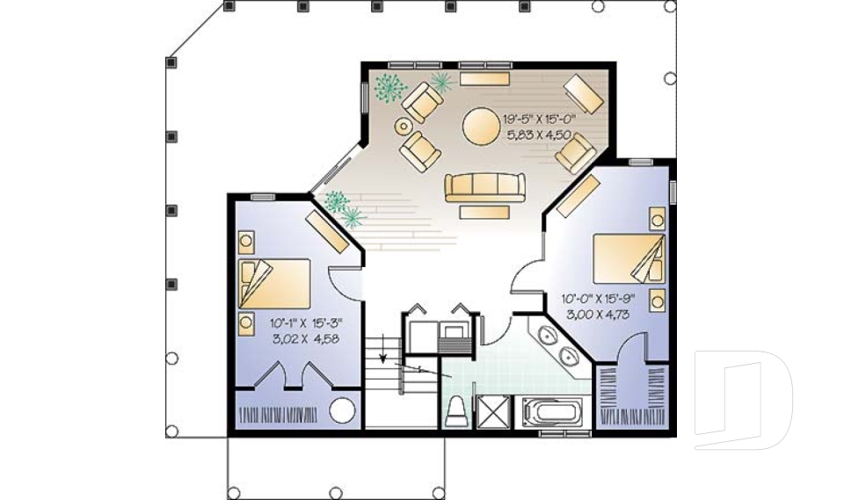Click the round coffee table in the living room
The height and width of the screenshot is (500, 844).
pos(482,127)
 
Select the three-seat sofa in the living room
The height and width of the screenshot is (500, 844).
pos(485,187)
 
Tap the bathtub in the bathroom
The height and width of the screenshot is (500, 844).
pos(553,413)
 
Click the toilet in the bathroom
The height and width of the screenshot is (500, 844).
pos(457,412)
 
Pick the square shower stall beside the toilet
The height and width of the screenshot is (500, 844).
pos(492,412)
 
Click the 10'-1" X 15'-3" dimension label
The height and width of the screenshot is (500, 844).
pos(306,323)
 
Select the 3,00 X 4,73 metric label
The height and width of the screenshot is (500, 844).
pos(598,315)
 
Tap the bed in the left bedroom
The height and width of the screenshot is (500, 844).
pos(274,284)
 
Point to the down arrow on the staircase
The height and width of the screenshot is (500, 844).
pos(382,349)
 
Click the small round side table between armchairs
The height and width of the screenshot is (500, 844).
pos(404,127)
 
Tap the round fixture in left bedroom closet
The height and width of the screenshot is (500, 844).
pos(342,410)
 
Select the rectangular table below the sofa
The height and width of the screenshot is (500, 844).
pos(484,213)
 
